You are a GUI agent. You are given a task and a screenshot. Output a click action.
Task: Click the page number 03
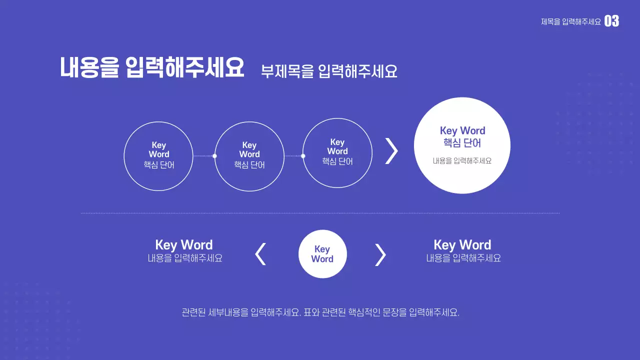click(x=611, y=21)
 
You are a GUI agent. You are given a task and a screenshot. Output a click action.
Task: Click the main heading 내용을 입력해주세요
click(x=152, y=68)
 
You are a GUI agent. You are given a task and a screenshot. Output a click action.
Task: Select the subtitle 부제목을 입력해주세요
click(x=329, y=71)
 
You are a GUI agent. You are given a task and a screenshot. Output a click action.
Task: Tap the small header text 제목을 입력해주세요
click(x=570, y=21)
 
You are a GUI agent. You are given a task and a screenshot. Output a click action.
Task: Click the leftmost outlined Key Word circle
click(x=158, y=156)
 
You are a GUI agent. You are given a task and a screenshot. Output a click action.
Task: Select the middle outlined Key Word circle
click(x=249, y=156)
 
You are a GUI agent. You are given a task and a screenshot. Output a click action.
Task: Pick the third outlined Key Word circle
click(x=337, y=152)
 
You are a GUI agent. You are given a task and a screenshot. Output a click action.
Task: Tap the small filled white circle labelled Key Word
click(x=322, y=254)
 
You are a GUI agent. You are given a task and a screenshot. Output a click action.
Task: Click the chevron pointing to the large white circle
click(x=391, y=150)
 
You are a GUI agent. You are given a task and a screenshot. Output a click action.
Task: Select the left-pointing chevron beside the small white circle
click(x=260, y=254)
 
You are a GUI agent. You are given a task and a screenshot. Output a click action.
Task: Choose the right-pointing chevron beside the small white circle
click(x=380, y=254)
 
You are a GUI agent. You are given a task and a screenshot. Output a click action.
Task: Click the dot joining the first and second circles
click(x=214, y=156)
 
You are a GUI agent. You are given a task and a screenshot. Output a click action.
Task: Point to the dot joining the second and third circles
click(x=303, y=156)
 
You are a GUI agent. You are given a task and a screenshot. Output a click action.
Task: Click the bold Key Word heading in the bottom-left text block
click(x=184, y=244)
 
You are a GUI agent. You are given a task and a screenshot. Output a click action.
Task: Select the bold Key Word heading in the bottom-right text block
click(x=462, y=244)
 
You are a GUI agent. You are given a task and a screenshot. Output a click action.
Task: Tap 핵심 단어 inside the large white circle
click(x=462, y=143)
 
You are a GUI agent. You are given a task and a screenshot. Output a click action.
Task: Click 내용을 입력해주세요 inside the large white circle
click(x=462, y=161)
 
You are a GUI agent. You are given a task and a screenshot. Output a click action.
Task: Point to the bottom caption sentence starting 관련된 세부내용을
click(x=320, y=313)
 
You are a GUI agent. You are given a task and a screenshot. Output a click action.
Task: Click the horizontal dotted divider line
click(x=320, y=213)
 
